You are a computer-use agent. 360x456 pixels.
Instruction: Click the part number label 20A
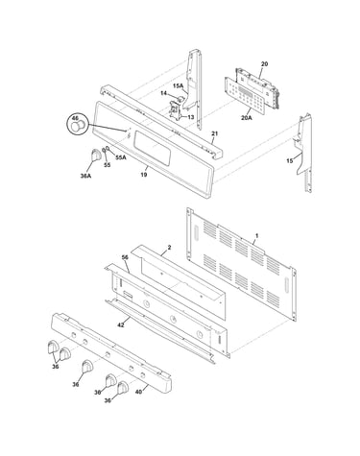tap(247, 118)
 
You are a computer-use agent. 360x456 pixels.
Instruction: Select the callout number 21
tap(214, 133)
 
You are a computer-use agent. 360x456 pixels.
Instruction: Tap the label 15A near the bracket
tap(179, 85)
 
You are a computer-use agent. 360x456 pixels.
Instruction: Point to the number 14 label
tap(163, 93)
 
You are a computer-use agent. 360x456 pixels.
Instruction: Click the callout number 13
tap(190, 117)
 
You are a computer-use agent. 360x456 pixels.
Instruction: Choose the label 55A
tap(121, 157)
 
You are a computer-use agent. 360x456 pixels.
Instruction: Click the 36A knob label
tap(85, 176)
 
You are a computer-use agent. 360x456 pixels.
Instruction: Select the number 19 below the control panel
tap(144, 175)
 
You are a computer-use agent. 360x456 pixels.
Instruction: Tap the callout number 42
tap(121, 325)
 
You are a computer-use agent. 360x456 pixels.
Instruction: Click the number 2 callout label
tap(169, 248)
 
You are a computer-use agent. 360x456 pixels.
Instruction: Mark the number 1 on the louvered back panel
tap(256, 236)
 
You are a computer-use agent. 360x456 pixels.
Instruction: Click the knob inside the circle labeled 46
tap(77, 126)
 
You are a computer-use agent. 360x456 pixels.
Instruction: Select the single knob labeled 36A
tap(95, 155)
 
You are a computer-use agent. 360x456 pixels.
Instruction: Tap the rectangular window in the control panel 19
tap(153, 148)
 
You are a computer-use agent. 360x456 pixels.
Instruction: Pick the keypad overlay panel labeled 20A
tap(246, 96)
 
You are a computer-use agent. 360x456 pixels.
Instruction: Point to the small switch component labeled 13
tap(175, 109)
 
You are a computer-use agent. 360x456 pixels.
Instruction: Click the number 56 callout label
tap(125, 257)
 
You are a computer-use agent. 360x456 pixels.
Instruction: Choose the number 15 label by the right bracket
tap(289, 161)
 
